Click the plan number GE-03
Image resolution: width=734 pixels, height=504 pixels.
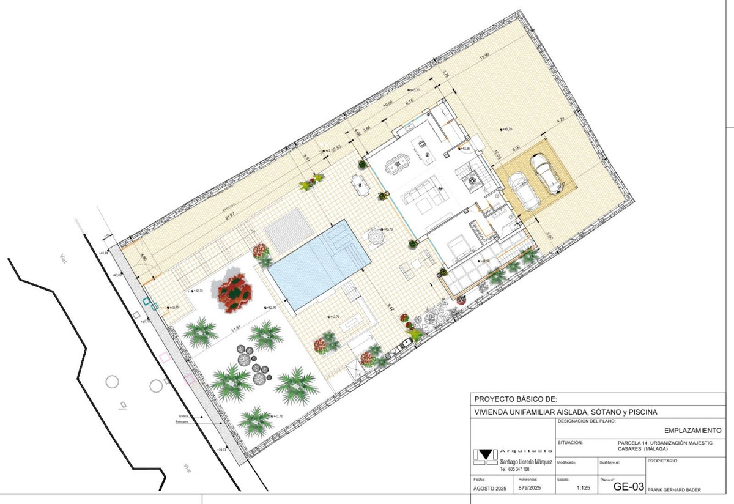(629, 487)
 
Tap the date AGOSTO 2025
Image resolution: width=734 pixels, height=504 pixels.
(489, 489)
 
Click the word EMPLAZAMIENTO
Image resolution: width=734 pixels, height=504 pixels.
(692, 431)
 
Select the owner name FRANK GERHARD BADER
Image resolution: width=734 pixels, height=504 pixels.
(673, 490)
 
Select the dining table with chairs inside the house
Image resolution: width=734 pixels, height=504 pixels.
(396, 163)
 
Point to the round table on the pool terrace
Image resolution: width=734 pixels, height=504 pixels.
(376, 235)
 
